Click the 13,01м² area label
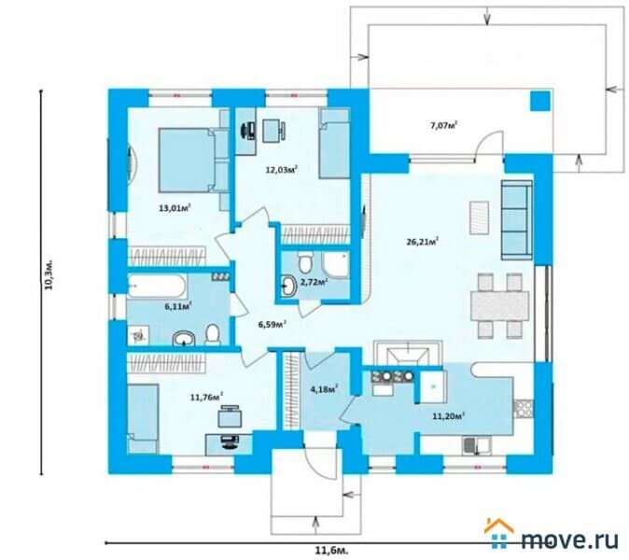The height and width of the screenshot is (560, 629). (x=175, y=208)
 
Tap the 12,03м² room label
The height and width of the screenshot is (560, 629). (x=282, y=169)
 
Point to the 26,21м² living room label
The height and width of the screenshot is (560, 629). (x=423, y=242)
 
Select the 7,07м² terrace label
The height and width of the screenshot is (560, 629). (x=444, y=126)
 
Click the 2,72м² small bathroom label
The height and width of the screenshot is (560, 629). (x=314, y=282)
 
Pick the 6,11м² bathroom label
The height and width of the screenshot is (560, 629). (x=177, y=306)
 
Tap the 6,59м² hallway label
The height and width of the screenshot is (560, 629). (x=273, y=324)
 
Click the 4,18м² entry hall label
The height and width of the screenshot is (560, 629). (x=324, y=388)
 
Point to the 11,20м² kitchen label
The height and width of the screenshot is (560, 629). (x=449, y=416)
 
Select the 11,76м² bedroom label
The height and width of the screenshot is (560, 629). (x=207, y=398)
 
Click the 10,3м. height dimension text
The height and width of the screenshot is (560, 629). (x=49, y=277)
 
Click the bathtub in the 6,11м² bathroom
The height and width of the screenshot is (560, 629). (x=157, y=286)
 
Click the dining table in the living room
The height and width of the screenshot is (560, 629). (x=500, y=306)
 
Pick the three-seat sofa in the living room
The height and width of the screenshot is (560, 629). (x=517, y=220)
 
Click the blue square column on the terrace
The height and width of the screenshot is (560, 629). (x=540, y=101)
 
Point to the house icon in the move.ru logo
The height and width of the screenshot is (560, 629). (x=498, y=533)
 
